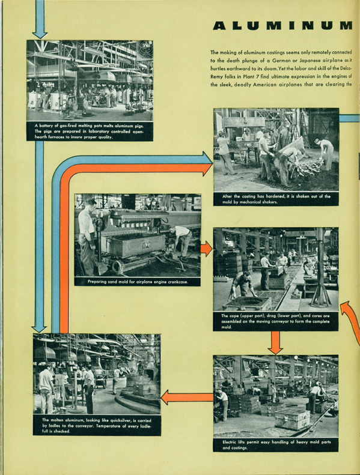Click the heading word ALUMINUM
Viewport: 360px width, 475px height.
tap(282, 26)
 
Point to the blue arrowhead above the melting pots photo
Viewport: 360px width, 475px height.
tap(40, 34)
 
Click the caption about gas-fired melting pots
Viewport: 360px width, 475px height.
tap(90, 131)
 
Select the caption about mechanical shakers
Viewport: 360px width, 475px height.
tap(276, 199)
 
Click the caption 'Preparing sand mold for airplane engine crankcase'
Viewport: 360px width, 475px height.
tap(138, 282)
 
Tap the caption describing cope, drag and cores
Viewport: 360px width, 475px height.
tap(275, 321)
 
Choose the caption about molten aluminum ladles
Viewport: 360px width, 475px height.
tap(96, 426)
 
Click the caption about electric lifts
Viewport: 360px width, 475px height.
tap(276, 445)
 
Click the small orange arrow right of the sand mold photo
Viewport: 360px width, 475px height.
tap(206, 249)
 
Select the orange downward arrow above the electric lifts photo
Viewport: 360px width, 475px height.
tap(275, 343)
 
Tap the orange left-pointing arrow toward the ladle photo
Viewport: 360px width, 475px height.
tap(187, 397)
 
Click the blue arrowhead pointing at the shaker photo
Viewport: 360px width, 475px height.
tap(207, 159)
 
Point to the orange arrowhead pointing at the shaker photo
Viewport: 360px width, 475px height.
tap(207, 168)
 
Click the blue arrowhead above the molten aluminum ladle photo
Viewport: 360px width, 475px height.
tap(39, 328)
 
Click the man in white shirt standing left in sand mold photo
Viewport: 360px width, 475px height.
tap(87, 236)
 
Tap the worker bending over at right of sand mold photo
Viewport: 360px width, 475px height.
tap(182, 241)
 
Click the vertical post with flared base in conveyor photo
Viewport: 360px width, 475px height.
tap(320, 270)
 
